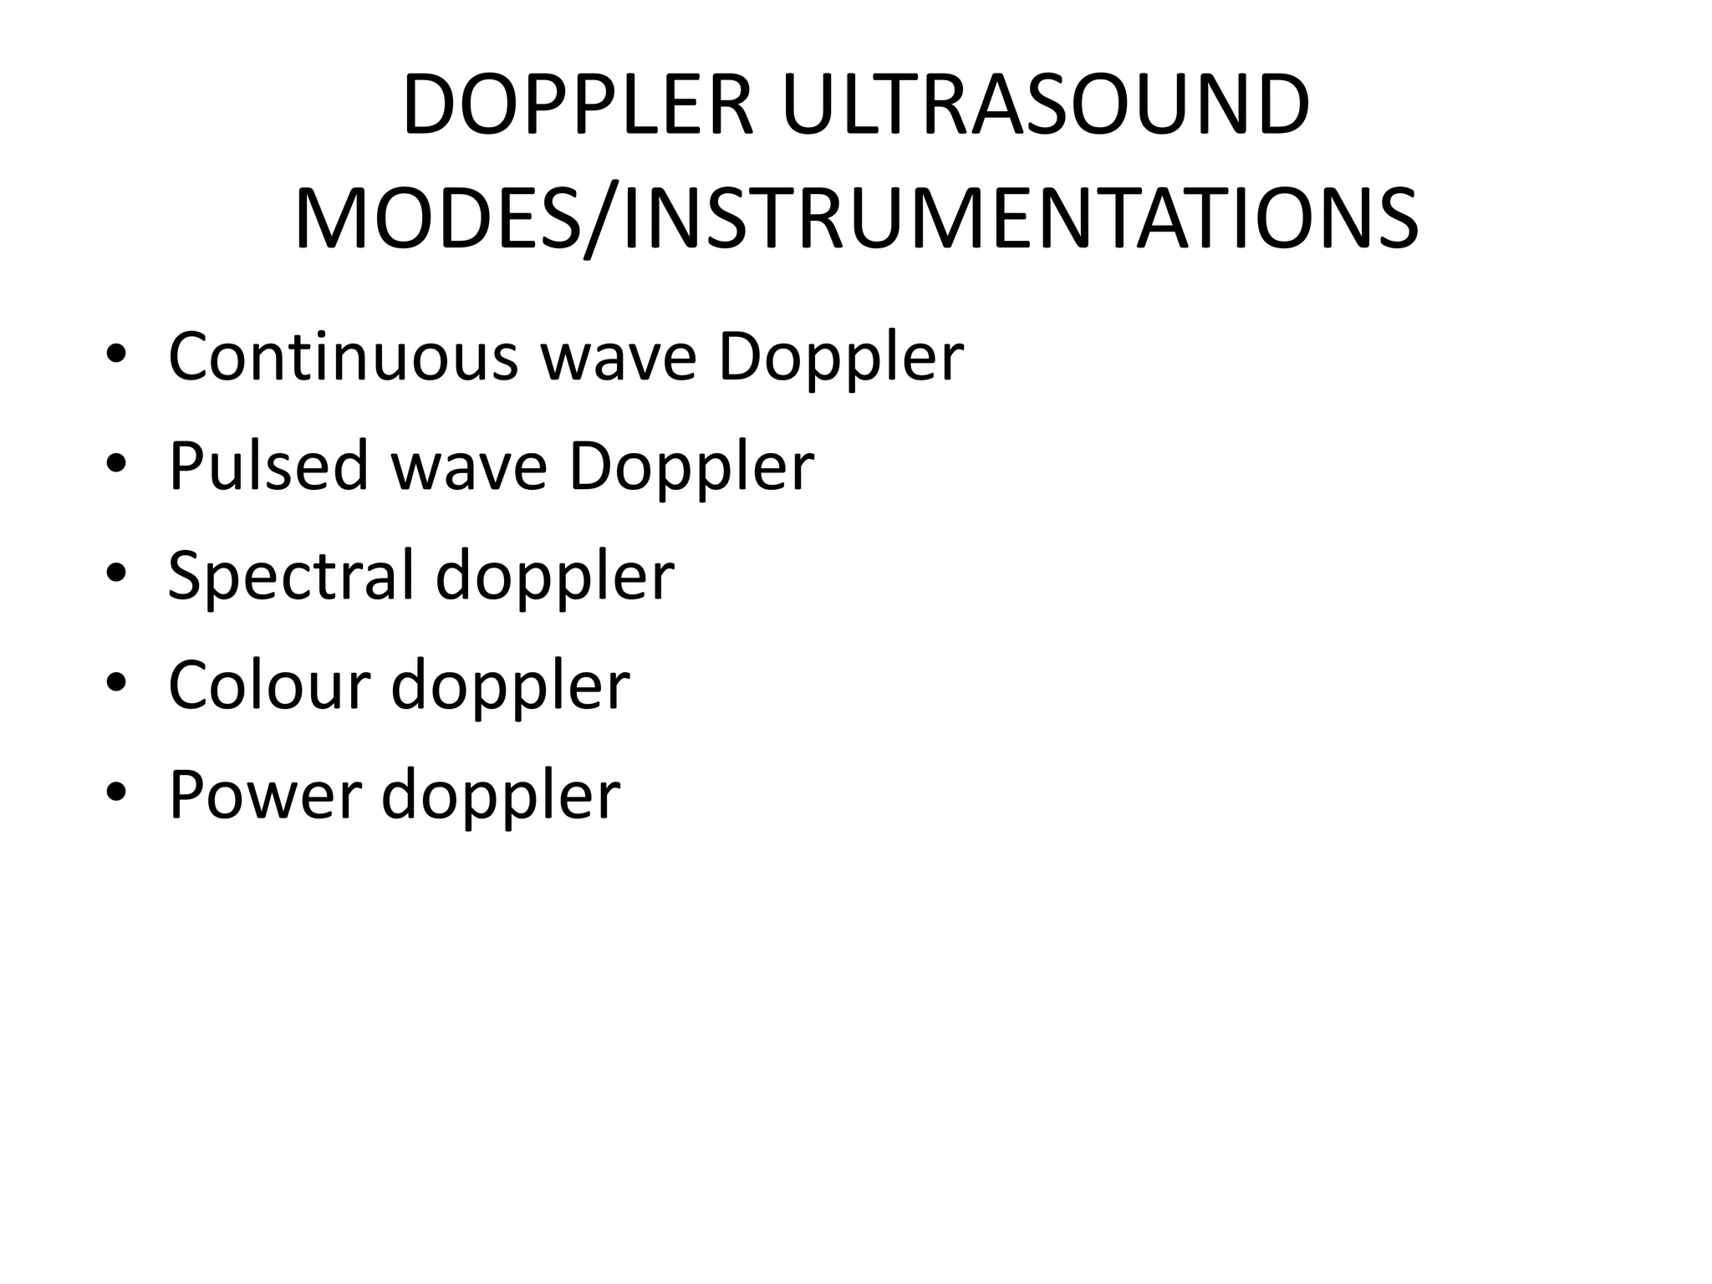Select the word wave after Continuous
tap(619, 358)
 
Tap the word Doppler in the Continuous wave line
tap(841, 358)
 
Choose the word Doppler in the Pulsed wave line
tap(691, 467)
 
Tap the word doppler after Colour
tap(510, 685)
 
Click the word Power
tap(264, 794)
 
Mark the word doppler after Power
tap(501, 794)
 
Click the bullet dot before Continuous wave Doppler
tap(116, 356)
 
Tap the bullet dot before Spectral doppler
tap(116, 575)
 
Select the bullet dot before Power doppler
tap(116, 794)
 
